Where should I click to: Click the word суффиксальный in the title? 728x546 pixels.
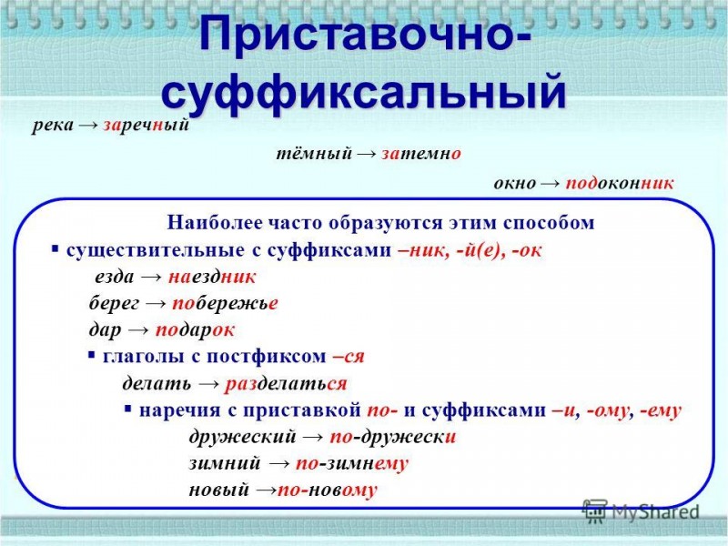coord(363,93)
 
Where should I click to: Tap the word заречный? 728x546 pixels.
coord(147,126)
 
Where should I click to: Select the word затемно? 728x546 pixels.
coord(421,154)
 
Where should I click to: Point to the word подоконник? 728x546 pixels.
coord(620,184)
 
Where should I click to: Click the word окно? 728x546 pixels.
coord(514,184)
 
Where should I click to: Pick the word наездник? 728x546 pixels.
coord(212,278)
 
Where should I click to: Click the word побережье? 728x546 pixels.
coord(225,303)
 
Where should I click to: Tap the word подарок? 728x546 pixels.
coord(195,330)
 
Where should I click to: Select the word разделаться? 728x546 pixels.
coord(286,384)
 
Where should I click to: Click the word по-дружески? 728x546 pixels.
coord(393,437)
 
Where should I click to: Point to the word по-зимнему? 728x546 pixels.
coord(352,464)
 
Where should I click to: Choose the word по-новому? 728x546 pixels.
coord(328,490)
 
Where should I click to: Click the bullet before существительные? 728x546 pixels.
coord(56,249)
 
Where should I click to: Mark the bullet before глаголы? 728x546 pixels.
coord(92,356)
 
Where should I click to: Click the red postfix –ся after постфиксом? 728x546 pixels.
coord(349,357)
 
